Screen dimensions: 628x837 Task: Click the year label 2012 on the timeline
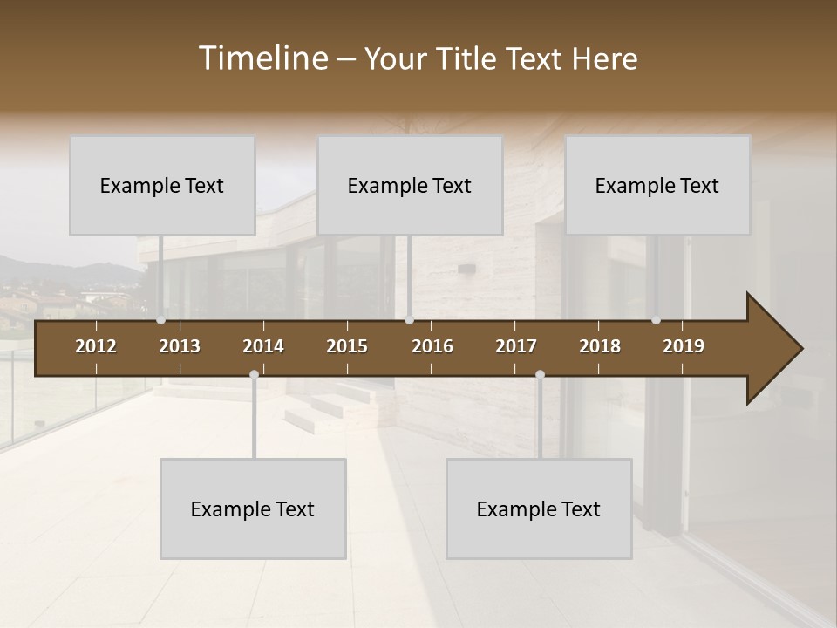pos(96,346)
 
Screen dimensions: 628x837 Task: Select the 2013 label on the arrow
pos(180,346)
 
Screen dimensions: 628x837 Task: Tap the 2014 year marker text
pos(263,346)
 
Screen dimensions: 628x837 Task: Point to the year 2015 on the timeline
pos(347,346)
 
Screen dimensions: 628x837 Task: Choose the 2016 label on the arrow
pos(432,346)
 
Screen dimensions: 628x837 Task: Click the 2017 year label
pos(516,346)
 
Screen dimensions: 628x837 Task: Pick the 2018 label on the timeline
pos(600,346)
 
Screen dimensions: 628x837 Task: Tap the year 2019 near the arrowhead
pos(684,346)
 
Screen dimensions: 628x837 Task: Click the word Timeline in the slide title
pos(262,58)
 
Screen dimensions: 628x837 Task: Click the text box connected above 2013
pos(162,185)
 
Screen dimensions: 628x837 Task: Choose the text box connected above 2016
pos(410,185)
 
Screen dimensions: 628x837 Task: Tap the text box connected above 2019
pos(657,185)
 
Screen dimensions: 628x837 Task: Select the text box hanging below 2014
pos(253,509)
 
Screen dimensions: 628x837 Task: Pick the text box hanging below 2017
pos(539,509)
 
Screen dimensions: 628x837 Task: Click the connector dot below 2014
pos(254,375)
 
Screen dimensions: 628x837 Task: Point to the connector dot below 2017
pos(540,375)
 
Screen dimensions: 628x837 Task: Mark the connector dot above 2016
pos(409,320)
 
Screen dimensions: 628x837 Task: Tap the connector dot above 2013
pos(161,320)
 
